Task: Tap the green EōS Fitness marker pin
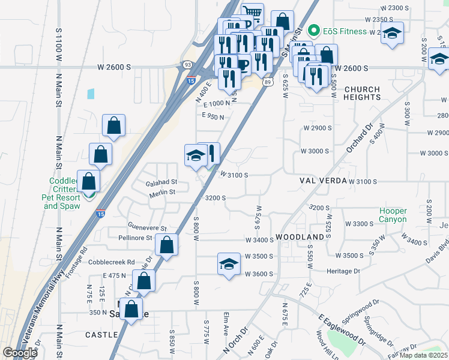coord(313,31)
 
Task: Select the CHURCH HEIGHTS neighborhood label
coord(362,93)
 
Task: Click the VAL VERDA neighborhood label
coord(323,181)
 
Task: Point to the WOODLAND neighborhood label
coord(304,237)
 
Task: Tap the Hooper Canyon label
coord(393,215)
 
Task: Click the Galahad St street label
coord(161,182)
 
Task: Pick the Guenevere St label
coord(147,227)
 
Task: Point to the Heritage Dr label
coord(343,271)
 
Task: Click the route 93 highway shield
coord(188,64)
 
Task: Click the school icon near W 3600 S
coord(228,264)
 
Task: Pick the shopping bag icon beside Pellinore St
coord(166,244)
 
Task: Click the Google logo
coord(20,353)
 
